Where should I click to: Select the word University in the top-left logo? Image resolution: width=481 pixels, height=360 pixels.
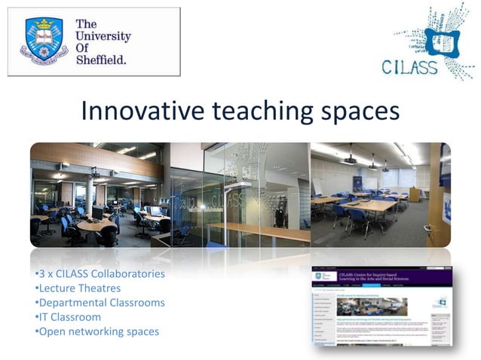pos(103,36)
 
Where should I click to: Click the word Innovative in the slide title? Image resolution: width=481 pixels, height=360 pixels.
pos(142,111)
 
